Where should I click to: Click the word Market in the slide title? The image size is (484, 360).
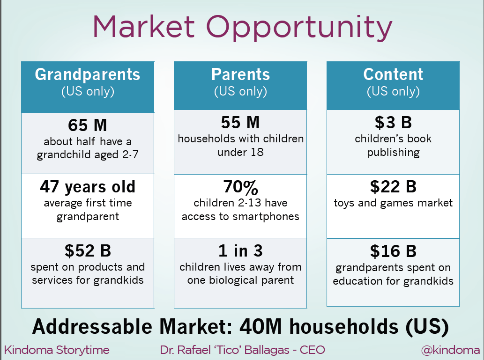click(x=143, y=27)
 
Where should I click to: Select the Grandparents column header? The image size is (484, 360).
click(x=88, y=74)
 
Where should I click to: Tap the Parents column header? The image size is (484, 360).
click(x=240, y=74)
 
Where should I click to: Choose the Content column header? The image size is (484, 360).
click(x=393, y=74)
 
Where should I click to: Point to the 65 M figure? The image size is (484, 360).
click(x=88, y=125)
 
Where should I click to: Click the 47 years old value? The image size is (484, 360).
click(x=88, y=187)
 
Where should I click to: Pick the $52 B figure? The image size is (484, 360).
click(x=88, y=251)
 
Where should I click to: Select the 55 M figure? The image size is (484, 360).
click(x=240, y=123)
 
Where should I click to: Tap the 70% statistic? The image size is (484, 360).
click(x=240, y=187)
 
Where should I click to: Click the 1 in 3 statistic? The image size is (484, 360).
click(x=240, y=251)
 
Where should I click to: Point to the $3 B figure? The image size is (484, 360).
click(x=393, y=123)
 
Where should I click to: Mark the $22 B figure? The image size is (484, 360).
click(x=393, y=187)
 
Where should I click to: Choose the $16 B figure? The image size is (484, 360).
click(x=393, y=251)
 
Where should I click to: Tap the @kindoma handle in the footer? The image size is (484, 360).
click(x=450, y=350)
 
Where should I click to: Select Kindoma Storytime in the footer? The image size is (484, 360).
click(x=57, y=350)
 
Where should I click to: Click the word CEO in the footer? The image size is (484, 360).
click(x=313, y=350)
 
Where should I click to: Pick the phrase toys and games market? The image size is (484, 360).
click(x=393, y=203)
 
